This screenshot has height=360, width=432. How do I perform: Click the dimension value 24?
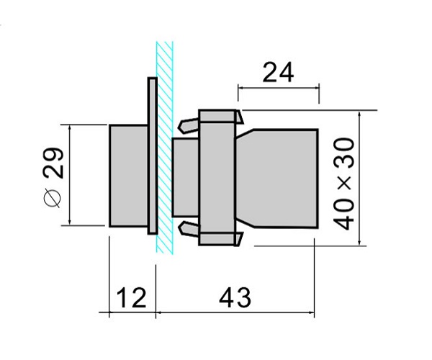278,73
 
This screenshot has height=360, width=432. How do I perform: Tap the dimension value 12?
131,298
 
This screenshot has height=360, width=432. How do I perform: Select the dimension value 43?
235,297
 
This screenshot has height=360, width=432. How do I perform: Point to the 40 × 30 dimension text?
343,184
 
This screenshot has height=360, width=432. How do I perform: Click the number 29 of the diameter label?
53,163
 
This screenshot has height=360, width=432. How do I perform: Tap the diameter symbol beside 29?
52,197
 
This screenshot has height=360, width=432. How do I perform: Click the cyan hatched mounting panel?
164,148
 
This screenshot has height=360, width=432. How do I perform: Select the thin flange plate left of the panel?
153,156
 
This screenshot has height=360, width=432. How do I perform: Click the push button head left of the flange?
128,176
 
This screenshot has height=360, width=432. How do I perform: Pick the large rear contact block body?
277,179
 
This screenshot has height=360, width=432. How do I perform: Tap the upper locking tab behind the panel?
189,125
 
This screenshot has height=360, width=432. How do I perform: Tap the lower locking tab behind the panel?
189,229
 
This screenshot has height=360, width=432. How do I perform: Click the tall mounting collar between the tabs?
217,177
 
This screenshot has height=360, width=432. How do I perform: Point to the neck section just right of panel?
186,178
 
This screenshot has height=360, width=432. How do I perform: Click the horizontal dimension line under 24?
278,88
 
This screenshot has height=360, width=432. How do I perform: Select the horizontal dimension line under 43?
235,312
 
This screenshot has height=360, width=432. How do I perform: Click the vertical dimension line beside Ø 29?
70,175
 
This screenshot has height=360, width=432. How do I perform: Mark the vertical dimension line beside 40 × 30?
359,178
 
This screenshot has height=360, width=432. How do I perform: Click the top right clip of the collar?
240,117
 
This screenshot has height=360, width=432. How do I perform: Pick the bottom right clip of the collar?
239,239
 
